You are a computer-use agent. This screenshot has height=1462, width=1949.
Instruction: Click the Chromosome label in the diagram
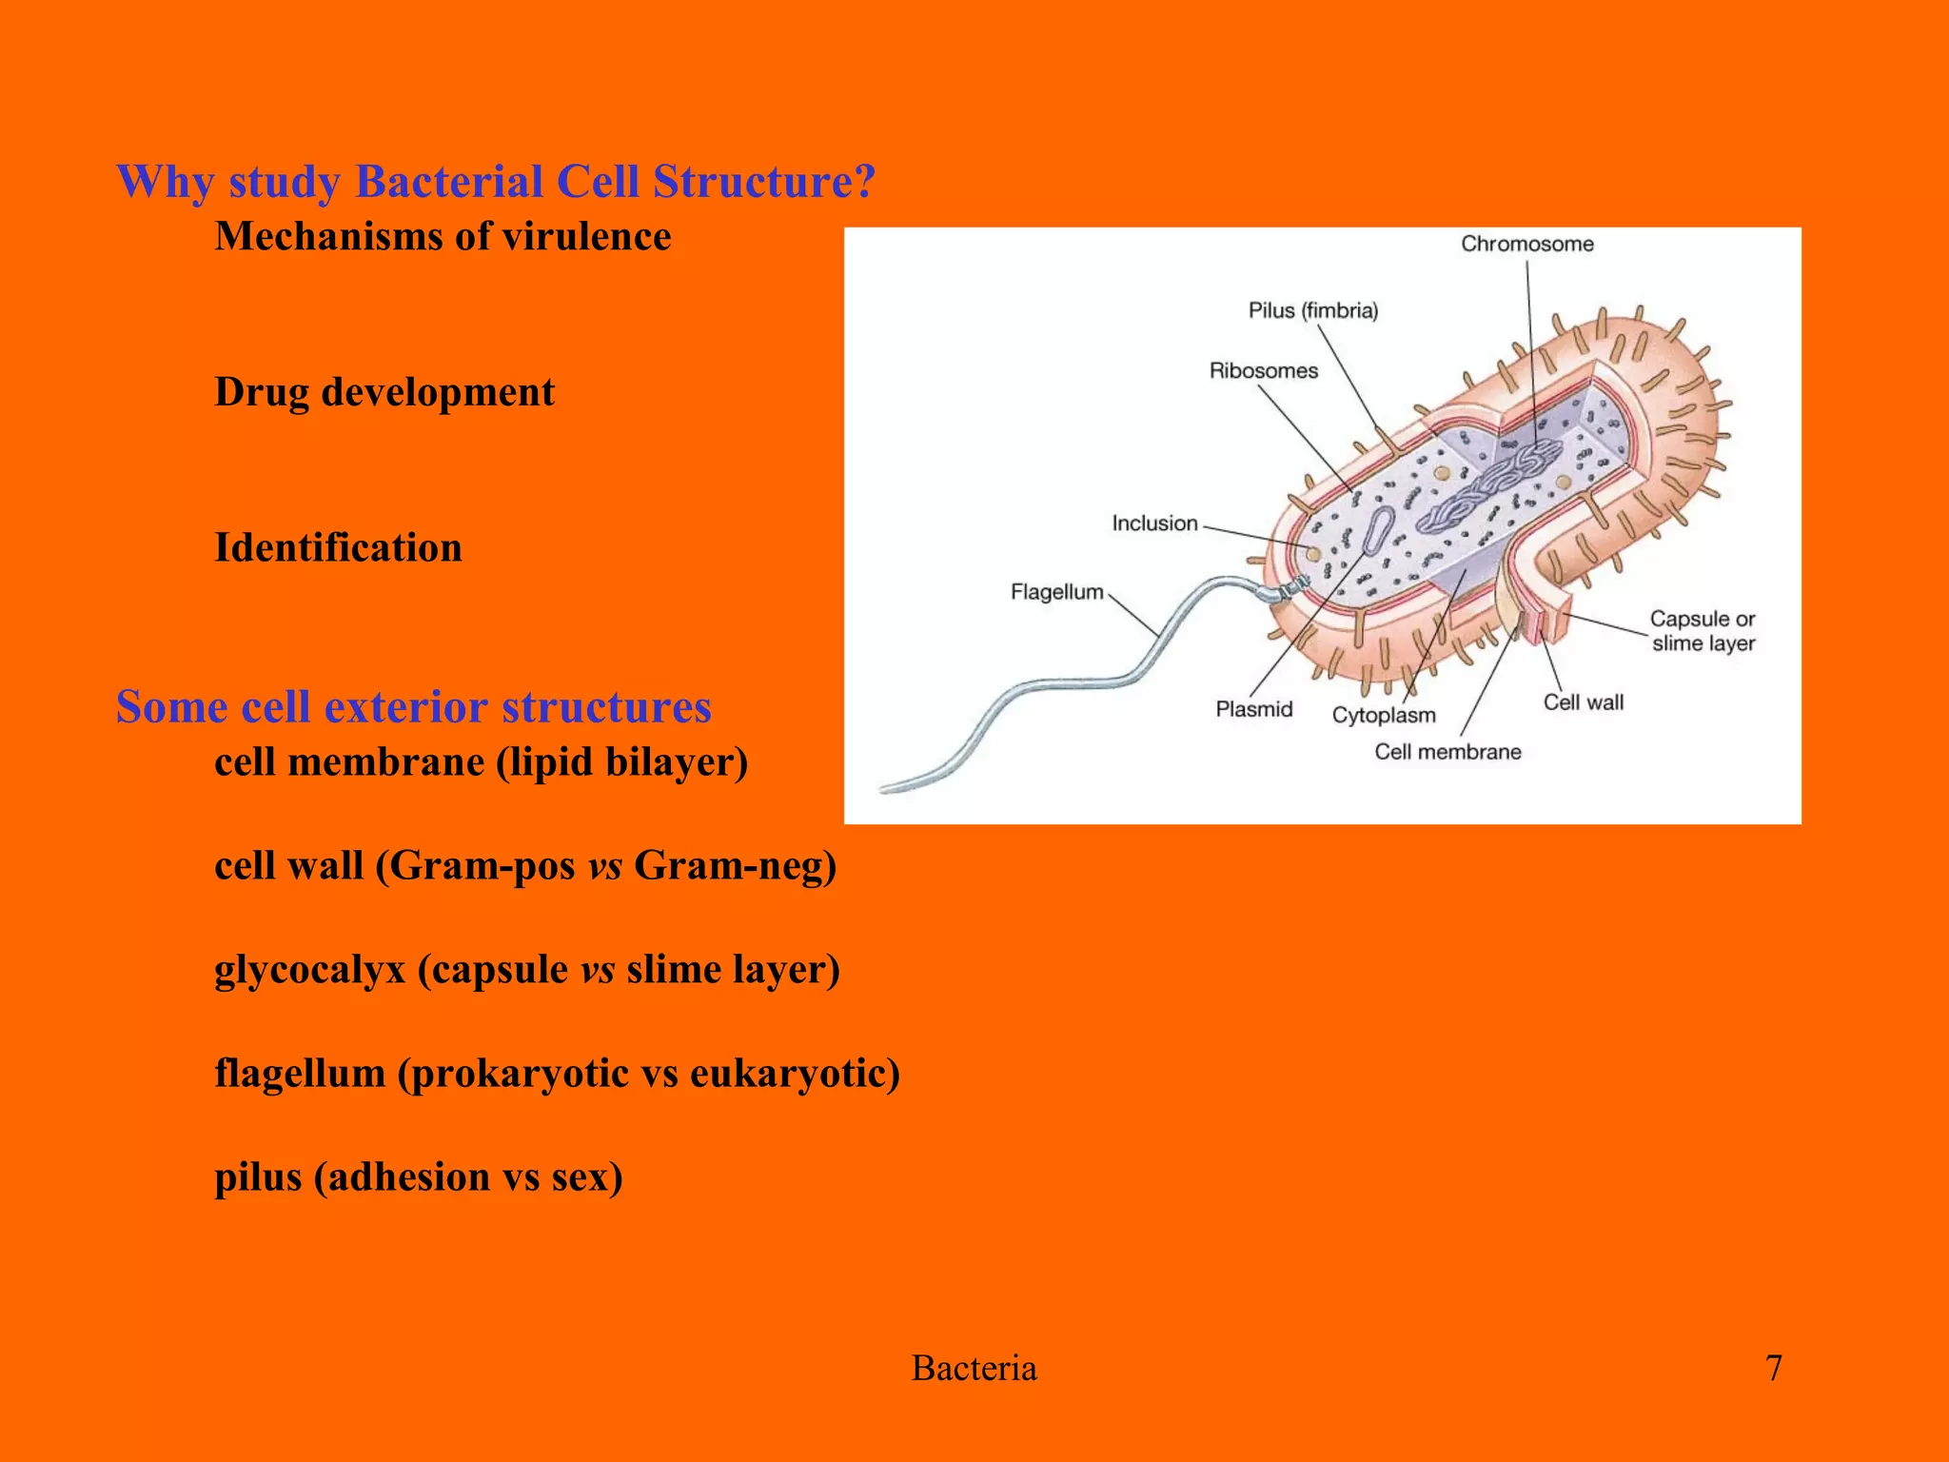[x=1526, y=245]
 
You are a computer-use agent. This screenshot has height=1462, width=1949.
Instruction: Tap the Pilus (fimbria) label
[x=1312, y=311]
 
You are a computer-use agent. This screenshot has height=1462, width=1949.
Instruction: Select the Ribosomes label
[x=1263, y=371]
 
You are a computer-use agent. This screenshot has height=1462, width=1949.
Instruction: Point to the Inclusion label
[x=1154, y=524]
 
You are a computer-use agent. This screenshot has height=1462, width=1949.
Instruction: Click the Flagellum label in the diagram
[x=1056, y=593]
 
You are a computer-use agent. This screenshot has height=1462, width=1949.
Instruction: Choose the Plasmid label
[x=1253, y=709]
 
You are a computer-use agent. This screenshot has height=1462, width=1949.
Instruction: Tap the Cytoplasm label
[x=1383, y=716]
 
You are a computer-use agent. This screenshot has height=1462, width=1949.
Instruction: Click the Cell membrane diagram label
[x=1447, y=752]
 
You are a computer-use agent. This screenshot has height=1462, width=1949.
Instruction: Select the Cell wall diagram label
[x=1583, y=702]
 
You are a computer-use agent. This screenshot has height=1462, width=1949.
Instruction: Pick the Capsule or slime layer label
[x=1703, y=631]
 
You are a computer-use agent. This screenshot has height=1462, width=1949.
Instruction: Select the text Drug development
[x=384, y=393]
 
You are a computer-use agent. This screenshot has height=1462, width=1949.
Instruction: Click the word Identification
[x=338, y=548]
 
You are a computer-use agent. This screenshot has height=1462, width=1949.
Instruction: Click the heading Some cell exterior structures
[x=413, y=707]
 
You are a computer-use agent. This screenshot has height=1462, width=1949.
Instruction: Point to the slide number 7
[x=1773, y=1368]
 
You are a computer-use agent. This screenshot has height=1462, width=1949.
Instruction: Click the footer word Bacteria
[x=974, y=1369]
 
